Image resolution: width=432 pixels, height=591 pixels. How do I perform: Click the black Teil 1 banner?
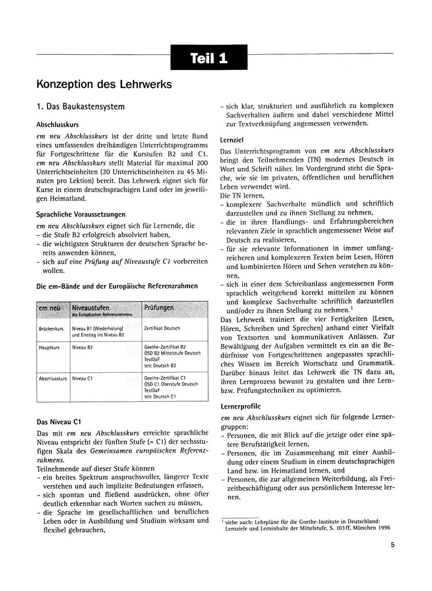[x=209, y=58]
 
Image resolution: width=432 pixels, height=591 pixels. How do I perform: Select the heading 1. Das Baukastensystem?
[x=80, y=106]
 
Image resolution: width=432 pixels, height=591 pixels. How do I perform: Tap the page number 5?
[x=392, y=544]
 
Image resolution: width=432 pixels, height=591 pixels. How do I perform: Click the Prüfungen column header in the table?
[x=159, y=307]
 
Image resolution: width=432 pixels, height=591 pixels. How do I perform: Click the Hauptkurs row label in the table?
[x=49, y=347]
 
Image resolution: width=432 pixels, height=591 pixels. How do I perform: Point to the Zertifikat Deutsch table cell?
[x=162, y=328]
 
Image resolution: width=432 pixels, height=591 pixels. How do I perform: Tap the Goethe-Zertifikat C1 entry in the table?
[x=165, y=378]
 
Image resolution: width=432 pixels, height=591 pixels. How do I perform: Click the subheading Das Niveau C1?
[x=58, y=422]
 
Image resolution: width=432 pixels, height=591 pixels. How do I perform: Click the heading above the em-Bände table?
[x=117, y=286]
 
